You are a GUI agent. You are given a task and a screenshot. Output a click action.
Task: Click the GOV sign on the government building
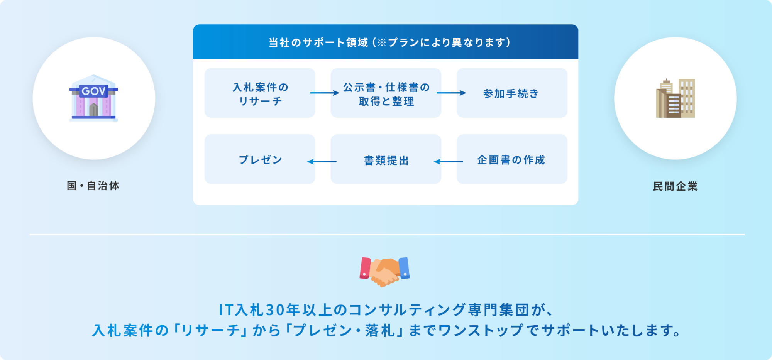pyautogui.click(x=93, y=91)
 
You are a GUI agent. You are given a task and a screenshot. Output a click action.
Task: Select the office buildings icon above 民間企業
pyautogui.click(x=675, y=98)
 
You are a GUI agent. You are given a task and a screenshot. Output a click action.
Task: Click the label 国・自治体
pyautogui.click(x=93, y=186)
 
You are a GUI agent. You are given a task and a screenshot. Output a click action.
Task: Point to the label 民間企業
pyautogui.click(x=675, y=186)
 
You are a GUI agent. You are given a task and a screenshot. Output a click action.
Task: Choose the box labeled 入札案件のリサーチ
pyautogui.click(x=260, y=93)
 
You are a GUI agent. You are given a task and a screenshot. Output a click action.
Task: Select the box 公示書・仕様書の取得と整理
pyautogui.click(x=386, y=93)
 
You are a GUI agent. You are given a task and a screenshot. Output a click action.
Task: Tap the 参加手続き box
pyautogui.click(x=512, y=93)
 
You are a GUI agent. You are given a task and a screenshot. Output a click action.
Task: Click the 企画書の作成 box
pyautogui.click(x=512, y=159)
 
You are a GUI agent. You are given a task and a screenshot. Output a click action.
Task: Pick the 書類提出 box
pyautogui.click(x=386, y=159)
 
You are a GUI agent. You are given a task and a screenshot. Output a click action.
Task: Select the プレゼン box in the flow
pyautogui.click(x=260, y=159)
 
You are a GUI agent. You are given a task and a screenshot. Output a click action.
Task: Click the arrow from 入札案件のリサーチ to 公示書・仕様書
pyautogui.click(x=325, y=93)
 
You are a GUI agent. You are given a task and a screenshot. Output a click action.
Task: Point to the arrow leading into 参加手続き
pyautogui.click(x=451, y=93)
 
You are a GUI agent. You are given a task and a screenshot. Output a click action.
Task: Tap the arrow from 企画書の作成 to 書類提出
pyautogui.click(x=449, y=162)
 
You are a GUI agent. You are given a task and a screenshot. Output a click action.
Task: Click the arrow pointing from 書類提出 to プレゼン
pyautogui.click(x=322, y=162)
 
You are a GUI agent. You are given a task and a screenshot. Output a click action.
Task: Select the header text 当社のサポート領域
pyautogui.click(x=318, y=42)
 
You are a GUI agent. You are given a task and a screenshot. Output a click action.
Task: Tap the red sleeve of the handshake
pyautogui.click(x=365, y=268)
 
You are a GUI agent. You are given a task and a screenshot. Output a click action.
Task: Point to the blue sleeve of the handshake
pyautogui.click(x=404, y=268)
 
